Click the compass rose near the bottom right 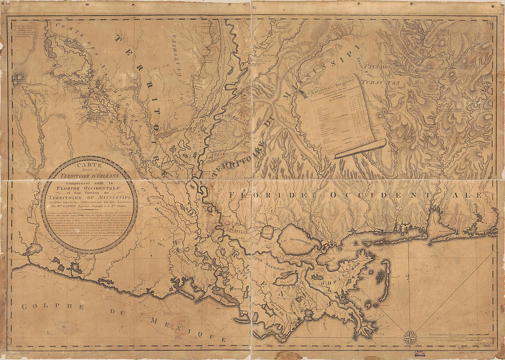click(410, 338)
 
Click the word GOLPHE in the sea click(39, 306)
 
